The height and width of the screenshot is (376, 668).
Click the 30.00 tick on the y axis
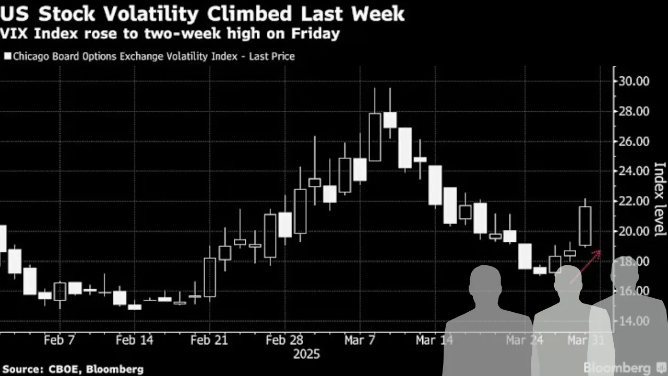pyautogui.click(x=633, y=81)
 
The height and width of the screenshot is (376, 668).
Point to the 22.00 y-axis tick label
pyautogui.click(x=633, y=202)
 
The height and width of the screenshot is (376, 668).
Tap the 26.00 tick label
pyautogui.click(x=633, y=142)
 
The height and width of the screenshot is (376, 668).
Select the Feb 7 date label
pyautogui.click(x=59, y=340)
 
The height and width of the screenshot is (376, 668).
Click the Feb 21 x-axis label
pyautogui.click(x=209, y=340)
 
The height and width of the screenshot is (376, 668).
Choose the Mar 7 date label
pyautogui.click(x=359, y=340)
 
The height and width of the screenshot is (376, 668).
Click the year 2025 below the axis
pyautogui.click(x=307, y=355)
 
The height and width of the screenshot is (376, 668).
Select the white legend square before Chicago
pyautogui.click(x=7, y=56)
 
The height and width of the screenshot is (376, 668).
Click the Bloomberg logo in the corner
pyautogui.click(x=617, y=368)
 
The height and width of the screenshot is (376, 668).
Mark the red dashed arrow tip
pyautogui.click(x=600, y=251)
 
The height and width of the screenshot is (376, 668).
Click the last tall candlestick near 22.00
pyautogui.click(x=585, y=226)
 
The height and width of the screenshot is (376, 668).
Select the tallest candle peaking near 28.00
pyautogui.click(x=375, y=137)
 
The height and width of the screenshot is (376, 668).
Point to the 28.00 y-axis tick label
pyautogui.click(x=633, y=112)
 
